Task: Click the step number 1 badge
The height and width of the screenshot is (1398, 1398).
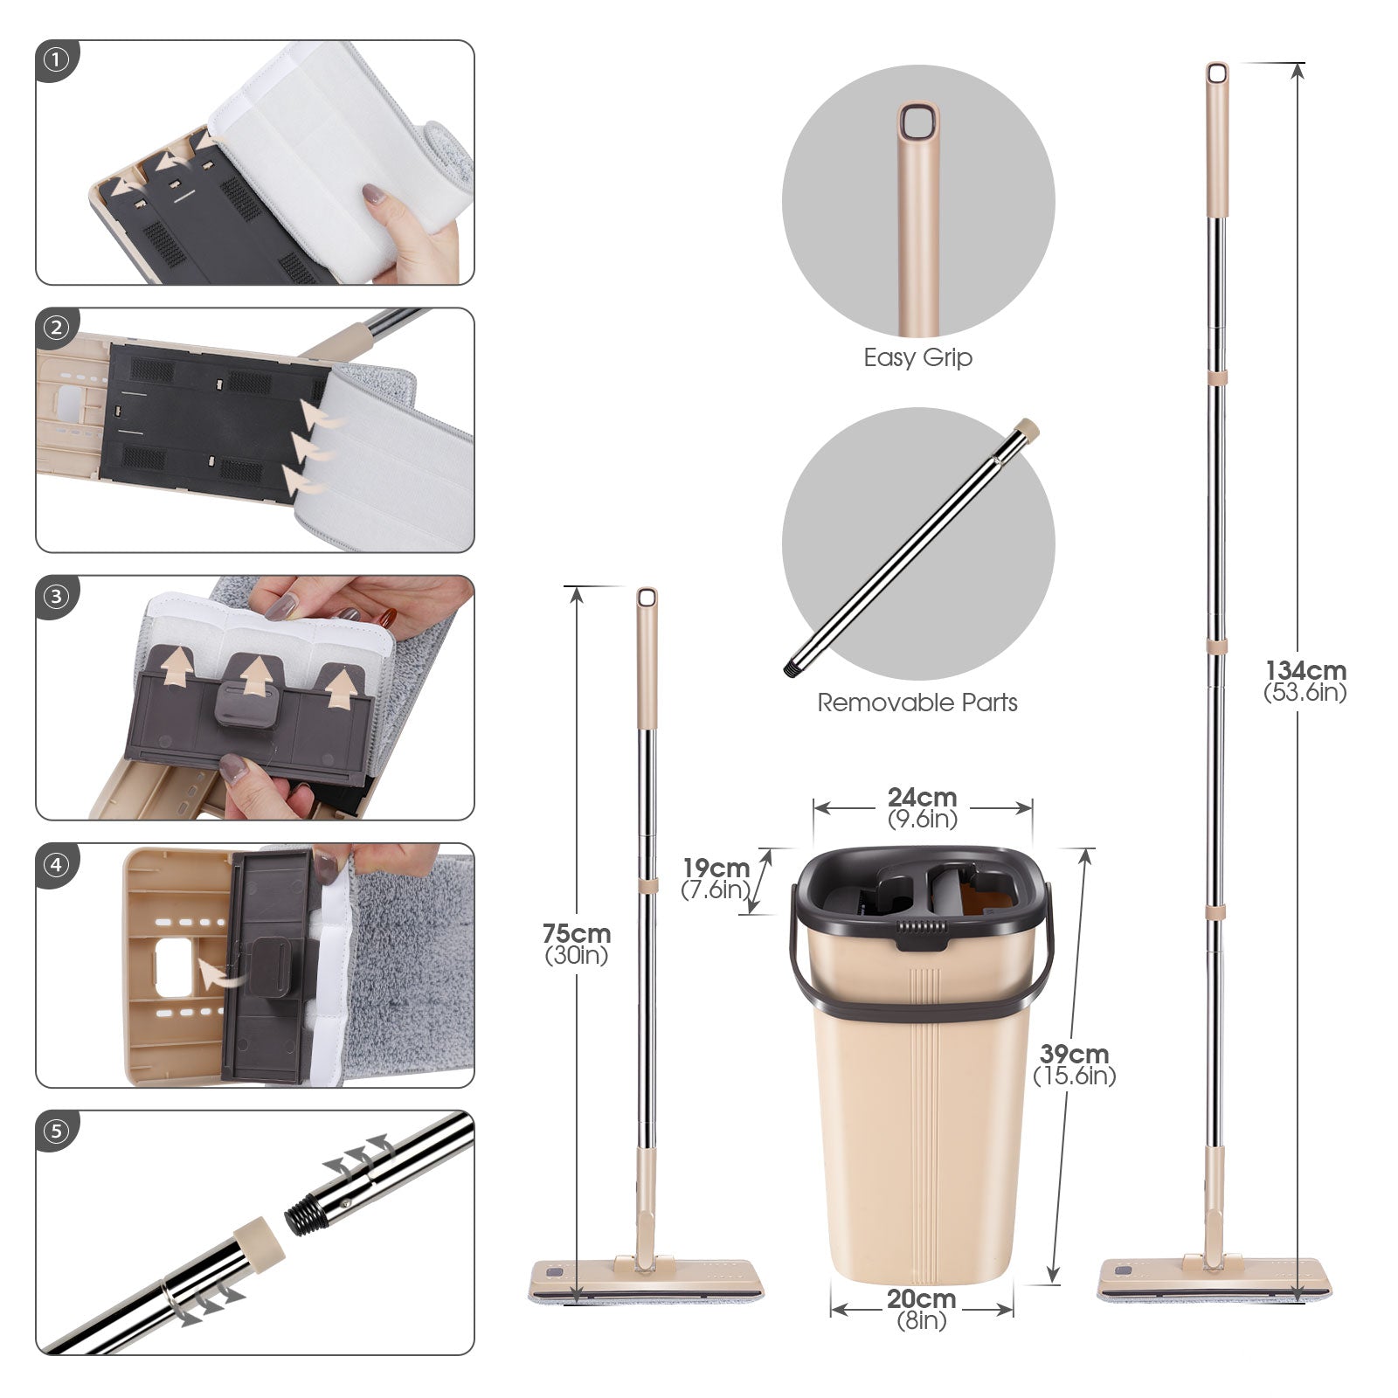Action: point(57,60)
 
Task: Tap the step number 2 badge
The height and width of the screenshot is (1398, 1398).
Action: point(57,328)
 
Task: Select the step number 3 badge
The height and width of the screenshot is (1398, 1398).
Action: point(57,596)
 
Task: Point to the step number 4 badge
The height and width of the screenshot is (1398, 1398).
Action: point(57,864)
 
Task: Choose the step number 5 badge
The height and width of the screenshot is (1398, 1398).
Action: point(57,1132)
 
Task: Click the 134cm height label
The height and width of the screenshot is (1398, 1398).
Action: point(1305,682)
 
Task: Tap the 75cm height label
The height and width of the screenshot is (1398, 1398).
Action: point(577,945)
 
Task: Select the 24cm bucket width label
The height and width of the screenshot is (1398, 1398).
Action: point(923,808)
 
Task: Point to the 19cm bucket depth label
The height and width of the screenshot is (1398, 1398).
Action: point(716,879)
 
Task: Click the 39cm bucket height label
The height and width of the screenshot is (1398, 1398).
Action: point(1075,1065)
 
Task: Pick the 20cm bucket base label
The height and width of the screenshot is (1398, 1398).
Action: point(922,1310)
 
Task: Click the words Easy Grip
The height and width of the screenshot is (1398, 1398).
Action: point(917,358)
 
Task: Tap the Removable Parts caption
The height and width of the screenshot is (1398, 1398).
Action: point(917,702)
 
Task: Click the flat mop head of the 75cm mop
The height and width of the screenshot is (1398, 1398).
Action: point(646,1279)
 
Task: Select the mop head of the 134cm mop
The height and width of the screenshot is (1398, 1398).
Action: point(1215,1279)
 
